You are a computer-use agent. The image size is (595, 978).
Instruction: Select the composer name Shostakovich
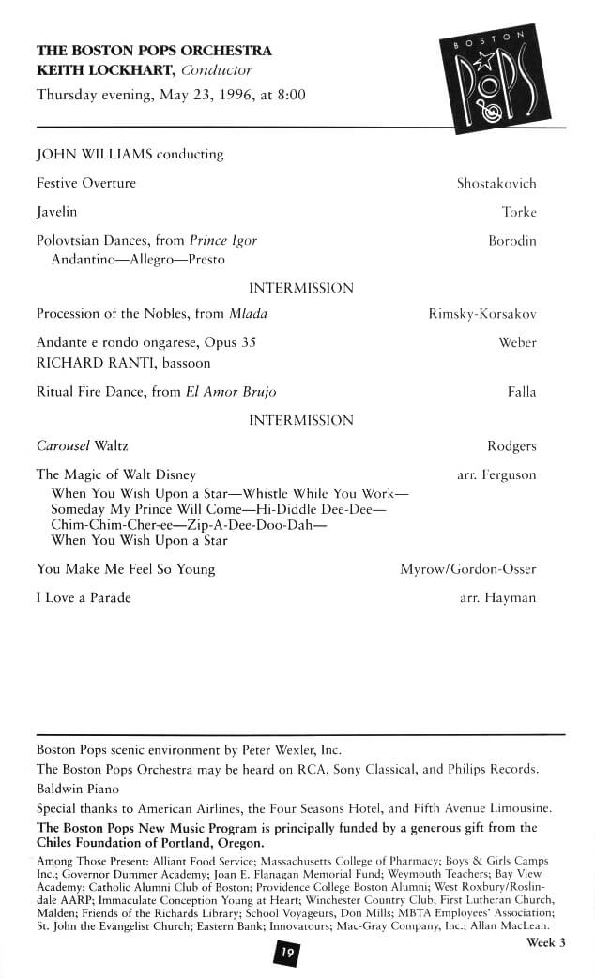496,184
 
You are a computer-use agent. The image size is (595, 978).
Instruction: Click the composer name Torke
519,212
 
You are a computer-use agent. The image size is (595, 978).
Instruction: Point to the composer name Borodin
512,241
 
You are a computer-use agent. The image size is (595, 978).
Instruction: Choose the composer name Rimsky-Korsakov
482,314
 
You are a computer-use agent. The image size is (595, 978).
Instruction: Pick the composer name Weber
517,343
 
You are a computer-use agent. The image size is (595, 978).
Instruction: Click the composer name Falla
522,392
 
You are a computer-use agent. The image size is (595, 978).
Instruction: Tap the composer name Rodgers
511,446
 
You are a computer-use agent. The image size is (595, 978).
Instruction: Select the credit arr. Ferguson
496,475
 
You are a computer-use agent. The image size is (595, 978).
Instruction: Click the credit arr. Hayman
498,598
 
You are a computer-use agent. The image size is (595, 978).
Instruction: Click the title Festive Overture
86,183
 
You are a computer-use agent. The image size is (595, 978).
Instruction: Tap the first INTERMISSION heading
300,288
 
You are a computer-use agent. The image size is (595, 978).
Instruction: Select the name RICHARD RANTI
89,362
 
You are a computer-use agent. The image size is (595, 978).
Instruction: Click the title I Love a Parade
84,598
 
